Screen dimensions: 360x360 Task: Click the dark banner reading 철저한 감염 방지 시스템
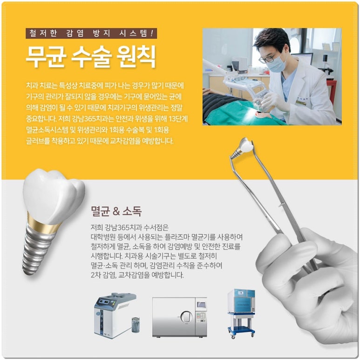pyautogui.click(x=91, y=34)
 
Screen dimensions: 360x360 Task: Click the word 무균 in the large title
pyautogui.click(x=46, y=57)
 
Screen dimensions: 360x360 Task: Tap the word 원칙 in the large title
pyautogui.click(x=136, y=57)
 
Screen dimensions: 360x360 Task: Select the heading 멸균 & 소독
pyautogui.click(x=116, y=211)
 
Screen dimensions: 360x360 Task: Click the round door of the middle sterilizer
pyautogui.click(x=186, y=317)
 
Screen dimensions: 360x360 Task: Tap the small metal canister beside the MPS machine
pyautogui.click(x=136, y=325)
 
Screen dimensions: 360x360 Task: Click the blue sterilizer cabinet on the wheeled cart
pyautogui.click(x=241, y=301)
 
